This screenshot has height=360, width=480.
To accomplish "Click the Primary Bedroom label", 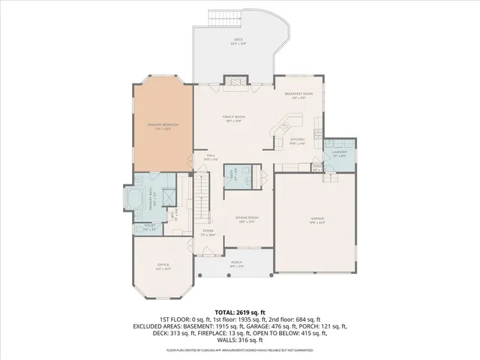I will point(158,127).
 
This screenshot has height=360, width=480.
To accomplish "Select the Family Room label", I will point(233,118).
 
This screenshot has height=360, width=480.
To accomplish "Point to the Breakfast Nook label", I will point(298,95).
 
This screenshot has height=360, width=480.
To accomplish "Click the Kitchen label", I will point(297,142).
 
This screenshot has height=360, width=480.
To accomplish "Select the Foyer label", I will point(208,232).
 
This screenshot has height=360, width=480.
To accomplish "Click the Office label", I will point(163,266).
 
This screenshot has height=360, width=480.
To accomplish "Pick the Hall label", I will point(211,157).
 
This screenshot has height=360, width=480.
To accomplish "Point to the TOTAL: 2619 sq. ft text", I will point(240,310).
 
